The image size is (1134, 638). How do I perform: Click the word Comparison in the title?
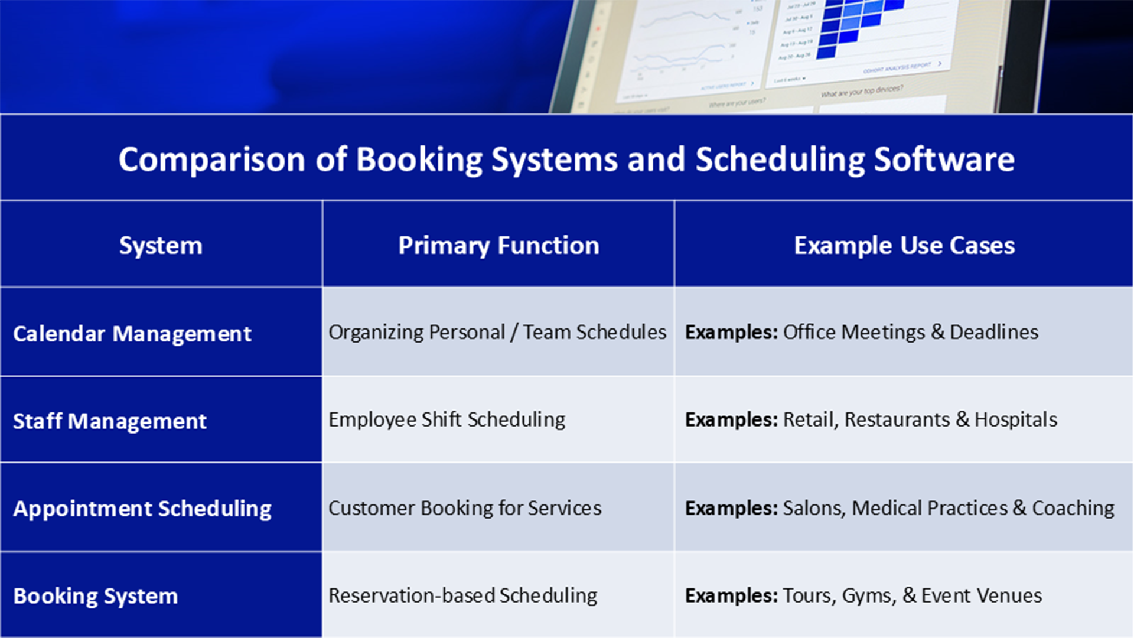(x=211, y=159)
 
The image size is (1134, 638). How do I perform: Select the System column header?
(x=161, y=245)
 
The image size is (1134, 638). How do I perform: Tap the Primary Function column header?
(x=498, y=245)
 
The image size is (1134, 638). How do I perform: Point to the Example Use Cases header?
(x=904, y=245)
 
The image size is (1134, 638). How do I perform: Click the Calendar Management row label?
(x=132, y=334)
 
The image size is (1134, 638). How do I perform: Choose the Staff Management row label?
(x=110, y=421)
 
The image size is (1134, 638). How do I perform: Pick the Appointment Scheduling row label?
(x=142, y=509)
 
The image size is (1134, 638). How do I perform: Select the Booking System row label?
(x=96, y=596)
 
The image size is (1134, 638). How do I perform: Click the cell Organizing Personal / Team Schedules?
(x=497, y=333)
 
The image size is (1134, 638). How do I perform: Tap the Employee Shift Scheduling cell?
(x=447, y=420)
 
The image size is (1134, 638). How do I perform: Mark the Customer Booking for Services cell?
(x=465, y=508)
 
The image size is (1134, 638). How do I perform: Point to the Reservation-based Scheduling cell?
(x=462, y=595)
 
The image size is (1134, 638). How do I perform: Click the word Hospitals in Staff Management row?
(x=1016, y=420)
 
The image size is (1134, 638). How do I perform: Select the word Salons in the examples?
(x=813, y=508)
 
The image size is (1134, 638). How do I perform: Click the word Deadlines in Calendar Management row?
(x=994, y=333)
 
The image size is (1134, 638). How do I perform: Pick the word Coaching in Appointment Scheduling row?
(x=1073, y=508)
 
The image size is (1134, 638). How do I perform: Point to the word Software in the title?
(x=944, y=159)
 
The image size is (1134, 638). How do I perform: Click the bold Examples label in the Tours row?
(x=731, y=595)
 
